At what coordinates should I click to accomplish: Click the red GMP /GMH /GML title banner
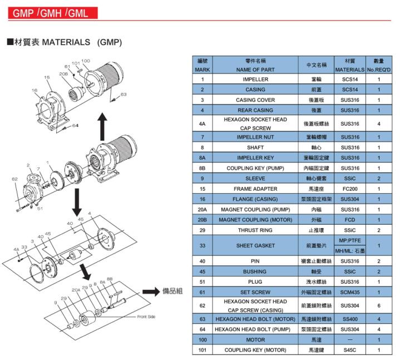(53, 13)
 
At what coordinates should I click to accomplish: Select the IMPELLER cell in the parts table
(255, 80)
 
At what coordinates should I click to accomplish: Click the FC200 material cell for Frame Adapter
(350, 189)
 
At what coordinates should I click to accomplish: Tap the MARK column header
(203, 70)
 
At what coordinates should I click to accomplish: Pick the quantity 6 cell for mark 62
(379, 305)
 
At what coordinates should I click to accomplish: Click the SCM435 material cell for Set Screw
(350, 292)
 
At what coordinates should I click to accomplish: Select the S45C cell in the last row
(350, 350)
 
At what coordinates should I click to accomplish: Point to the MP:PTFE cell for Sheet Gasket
(350, 240)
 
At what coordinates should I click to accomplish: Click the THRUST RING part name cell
(255, 230)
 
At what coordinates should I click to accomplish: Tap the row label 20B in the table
(203, 220)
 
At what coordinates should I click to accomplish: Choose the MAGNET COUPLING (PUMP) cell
(255, 209)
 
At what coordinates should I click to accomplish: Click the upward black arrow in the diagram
(102, 126)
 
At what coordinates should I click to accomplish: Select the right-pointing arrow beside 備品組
(151, 292)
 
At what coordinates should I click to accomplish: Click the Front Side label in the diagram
(146, 317)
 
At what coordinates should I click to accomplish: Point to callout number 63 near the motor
(124, 95)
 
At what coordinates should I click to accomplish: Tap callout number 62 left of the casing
(15, 179)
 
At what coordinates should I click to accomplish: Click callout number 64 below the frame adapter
(75, 126)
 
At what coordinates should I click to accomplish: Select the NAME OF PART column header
(255, 70)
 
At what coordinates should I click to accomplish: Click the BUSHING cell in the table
(255, 272)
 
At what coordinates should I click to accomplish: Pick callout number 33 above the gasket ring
(24, 247)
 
